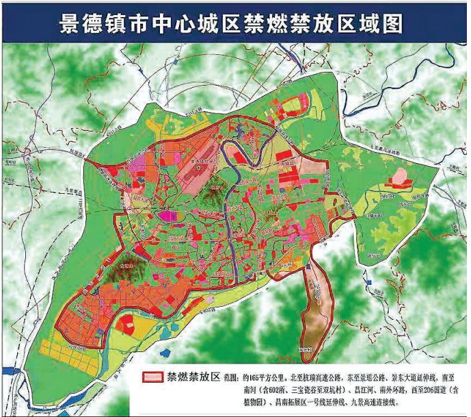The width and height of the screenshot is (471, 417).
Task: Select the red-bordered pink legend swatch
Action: pyautogui.click(x=157, y=377)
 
